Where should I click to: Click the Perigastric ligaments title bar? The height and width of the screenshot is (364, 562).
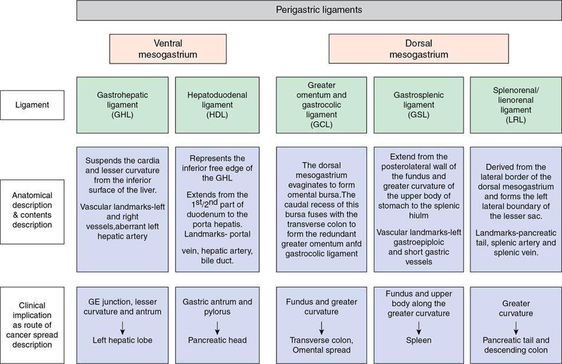319,10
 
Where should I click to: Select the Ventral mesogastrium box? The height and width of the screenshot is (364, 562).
167,49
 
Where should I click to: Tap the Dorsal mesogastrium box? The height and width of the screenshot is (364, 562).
418,49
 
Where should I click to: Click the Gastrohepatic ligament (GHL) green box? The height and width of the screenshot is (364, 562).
122,105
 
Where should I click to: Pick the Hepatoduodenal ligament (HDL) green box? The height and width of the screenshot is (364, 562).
217,105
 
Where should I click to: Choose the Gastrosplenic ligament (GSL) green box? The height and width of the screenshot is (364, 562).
418,105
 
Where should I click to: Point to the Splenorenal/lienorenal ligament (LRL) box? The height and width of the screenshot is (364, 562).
515,105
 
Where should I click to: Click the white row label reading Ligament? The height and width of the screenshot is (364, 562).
32,105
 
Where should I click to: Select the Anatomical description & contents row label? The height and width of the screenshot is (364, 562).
32,210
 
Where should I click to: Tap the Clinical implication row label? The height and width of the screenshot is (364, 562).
32,325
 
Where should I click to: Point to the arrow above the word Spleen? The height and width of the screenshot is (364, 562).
418,326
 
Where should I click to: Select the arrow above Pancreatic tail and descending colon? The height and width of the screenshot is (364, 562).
515,326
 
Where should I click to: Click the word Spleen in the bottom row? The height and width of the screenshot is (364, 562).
418,340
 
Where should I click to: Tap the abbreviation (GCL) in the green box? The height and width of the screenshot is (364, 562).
321,125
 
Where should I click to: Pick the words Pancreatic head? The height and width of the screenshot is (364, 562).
217,340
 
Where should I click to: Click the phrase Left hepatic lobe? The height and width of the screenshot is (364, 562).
122,340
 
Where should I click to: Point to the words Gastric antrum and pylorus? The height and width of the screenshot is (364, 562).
217,307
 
